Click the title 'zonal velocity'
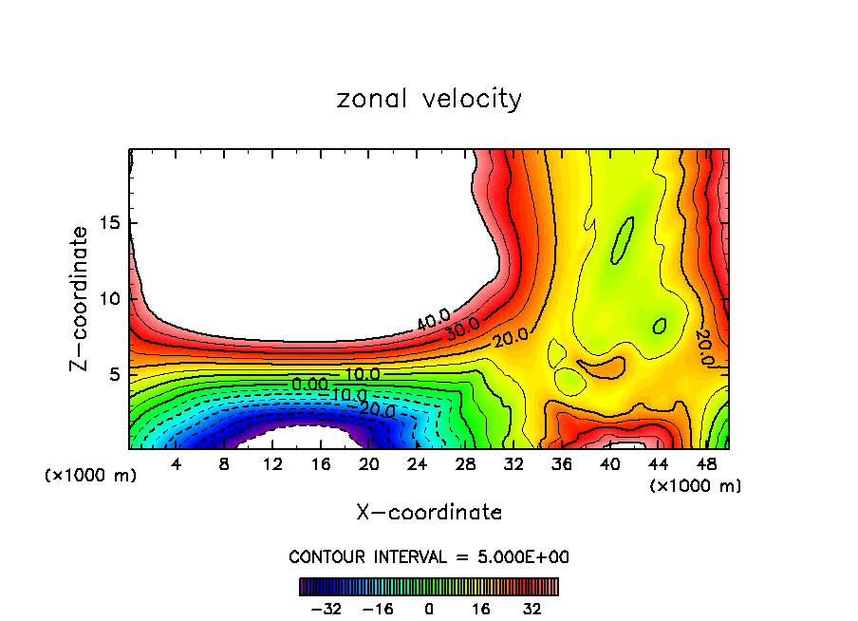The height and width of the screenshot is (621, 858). (429, 99)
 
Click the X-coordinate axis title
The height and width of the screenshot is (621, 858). (429, 513)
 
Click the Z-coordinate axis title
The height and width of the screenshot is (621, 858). (80, 298)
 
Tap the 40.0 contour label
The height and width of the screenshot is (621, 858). (434, 320)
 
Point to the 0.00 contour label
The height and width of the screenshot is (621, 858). (310, 384)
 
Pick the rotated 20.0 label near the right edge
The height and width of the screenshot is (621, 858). (703, 348)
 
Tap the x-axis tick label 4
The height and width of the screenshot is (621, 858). (176, 465)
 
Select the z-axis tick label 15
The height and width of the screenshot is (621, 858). (109, 223)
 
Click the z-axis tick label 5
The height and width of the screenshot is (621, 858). (115, 374)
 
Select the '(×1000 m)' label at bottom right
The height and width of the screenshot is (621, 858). (696, 486)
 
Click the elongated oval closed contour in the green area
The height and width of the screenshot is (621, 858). (622, 241)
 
